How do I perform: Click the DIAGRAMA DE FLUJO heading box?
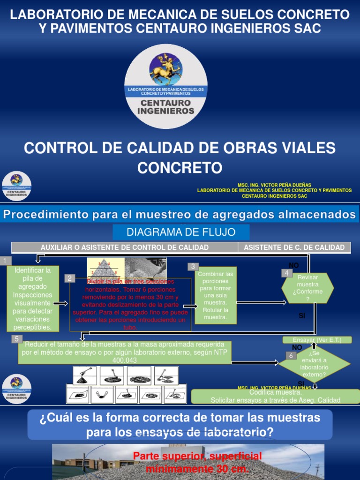pos(180,232)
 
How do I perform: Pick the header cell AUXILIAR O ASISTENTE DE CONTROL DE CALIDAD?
pos(125,247)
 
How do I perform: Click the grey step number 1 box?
pos(5,261)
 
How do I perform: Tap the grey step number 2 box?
pos(69,278)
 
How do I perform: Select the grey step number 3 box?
pos(193,267)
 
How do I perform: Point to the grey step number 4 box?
pos(286,273)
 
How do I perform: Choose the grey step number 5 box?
pos(17,339)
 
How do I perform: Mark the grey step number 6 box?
pos(291,356)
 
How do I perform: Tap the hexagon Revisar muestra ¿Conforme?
pos(307,288)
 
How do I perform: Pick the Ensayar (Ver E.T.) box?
pos(316,340)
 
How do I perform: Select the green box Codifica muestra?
pos(275,396)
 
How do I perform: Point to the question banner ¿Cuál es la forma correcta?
pos(180,424)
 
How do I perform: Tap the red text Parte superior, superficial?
pos(197,462)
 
